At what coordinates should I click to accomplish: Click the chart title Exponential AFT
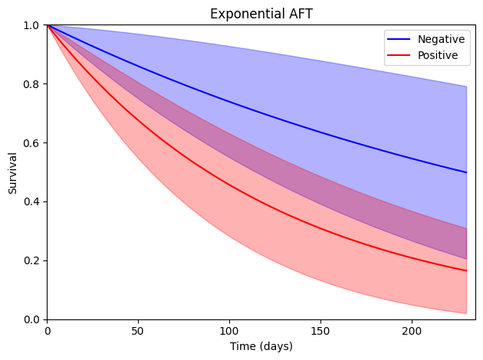pos(261,14)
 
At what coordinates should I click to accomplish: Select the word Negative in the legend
pos(441,39)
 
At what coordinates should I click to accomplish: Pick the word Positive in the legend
pos(438,55)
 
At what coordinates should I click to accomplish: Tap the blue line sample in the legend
pos(399,39)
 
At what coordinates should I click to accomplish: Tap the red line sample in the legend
pos(399,55)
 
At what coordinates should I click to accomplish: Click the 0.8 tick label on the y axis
pos(31,84)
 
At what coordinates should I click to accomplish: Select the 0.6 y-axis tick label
pos(31,143)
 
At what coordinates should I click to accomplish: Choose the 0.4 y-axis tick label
pos(31,202)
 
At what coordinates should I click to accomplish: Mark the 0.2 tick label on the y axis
pos(31,260)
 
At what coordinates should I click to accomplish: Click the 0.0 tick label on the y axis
pos(31,319)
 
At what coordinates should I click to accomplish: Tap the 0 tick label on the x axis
pos(48,331)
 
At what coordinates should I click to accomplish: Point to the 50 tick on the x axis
pos(138,331)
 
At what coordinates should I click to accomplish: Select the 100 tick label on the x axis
pos(229,331)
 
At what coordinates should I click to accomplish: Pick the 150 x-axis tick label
pos(320,331)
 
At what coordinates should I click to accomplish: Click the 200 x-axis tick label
pos(412,331)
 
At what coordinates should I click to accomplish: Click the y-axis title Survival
pos(12,173)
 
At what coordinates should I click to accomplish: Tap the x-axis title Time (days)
pos(261,346)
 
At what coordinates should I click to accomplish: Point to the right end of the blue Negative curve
pos(467,172)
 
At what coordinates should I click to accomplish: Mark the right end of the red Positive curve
pos(467,271)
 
